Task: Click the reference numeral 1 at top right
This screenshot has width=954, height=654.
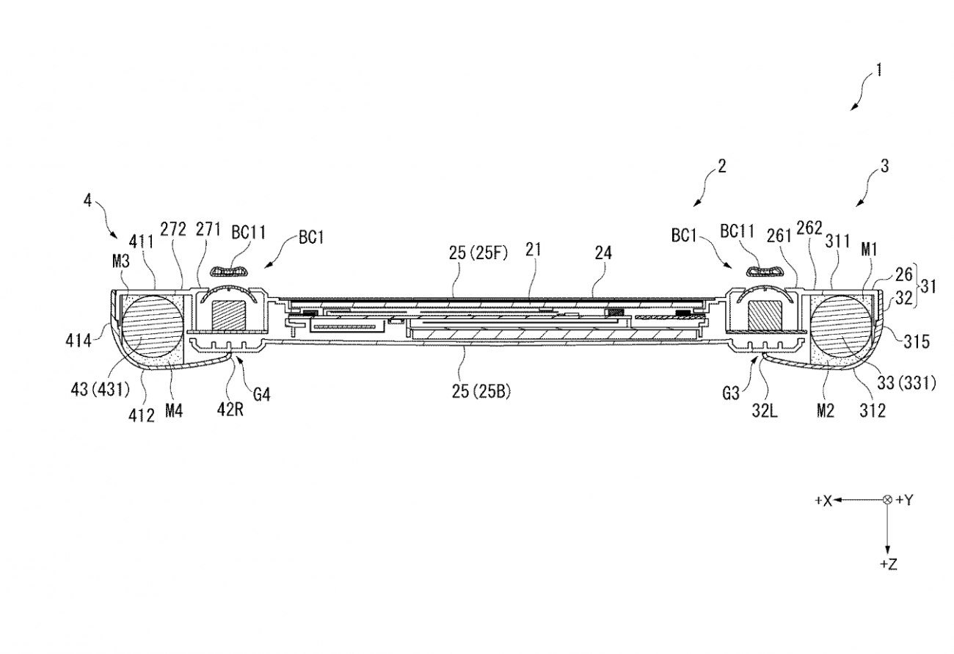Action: pos(878,70)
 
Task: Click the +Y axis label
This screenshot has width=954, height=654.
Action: pos(905,501)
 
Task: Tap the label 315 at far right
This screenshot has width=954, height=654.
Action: pos(917,341)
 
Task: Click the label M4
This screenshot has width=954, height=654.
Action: pos(174,411)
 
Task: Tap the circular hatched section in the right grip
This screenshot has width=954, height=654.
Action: pos(841,326)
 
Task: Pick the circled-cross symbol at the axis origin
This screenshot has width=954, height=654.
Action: pos(888,500)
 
